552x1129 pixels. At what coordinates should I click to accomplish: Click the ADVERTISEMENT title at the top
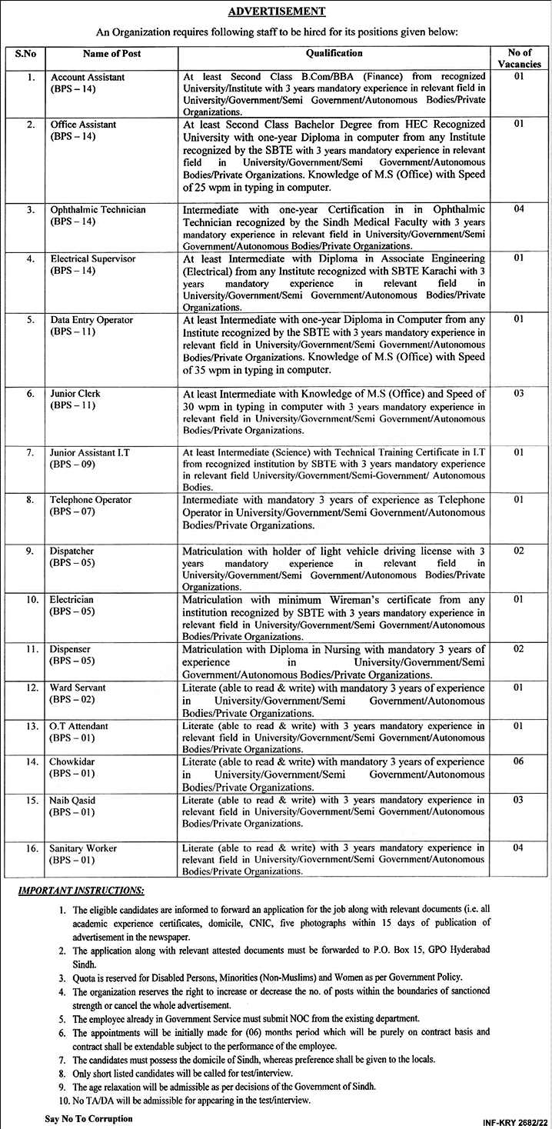[x=276, y=12]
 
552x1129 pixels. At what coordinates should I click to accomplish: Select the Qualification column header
[x=334, y=54]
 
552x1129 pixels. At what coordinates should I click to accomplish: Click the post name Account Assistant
[x=88, y=78]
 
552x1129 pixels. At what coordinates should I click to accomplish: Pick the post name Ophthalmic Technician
[x=98, y=210]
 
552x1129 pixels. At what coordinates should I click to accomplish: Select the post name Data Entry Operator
[x=91, y=320]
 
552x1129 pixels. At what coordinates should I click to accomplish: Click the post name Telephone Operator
[x=91, y=500]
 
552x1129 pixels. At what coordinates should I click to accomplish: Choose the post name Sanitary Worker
[x=84, y=848]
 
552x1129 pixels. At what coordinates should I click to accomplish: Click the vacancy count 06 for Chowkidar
[x=518, y=761]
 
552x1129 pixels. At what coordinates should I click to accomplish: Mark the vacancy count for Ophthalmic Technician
[x=518, y=210]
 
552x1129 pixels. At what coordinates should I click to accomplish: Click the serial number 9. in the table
[x=31, y=551]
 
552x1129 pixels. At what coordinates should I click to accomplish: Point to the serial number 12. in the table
[x=32, y=688]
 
